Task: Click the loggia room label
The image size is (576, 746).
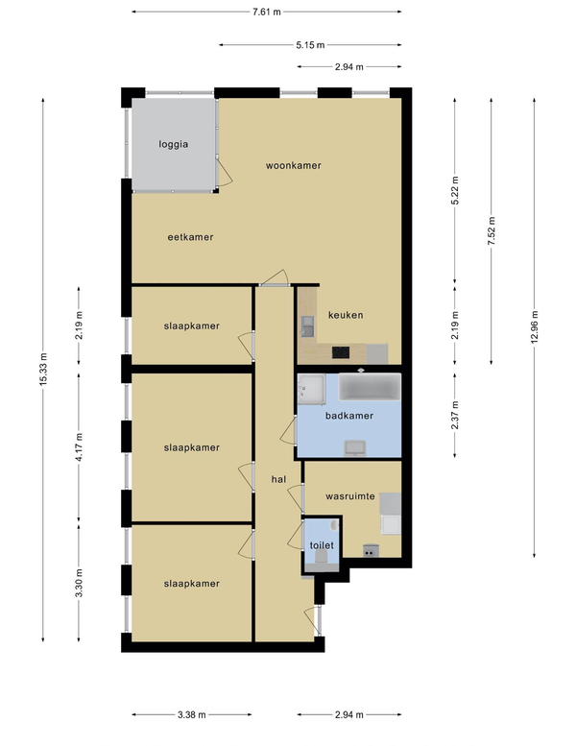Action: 173,144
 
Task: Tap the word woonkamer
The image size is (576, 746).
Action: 294,165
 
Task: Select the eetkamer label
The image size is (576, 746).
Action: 190,237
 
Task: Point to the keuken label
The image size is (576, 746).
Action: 346,315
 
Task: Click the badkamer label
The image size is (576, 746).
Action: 349,416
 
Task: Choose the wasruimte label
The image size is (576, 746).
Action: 350,496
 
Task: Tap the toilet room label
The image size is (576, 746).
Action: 322,545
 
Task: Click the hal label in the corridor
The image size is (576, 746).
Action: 278,479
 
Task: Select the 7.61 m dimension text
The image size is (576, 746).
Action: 266,12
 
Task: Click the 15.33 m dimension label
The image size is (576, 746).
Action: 43,370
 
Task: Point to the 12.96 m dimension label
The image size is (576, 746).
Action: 535,326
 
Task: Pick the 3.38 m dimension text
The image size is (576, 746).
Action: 192,714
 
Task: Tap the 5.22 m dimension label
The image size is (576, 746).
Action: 455,190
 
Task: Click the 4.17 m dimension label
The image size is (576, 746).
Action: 79,446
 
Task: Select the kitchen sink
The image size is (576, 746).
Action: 308,326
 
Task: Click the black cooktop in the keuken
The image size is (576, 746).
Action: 341,352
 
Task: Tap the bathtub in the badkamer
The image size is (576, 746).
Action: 370,387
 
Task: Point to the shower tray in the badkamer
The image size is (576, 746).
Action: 311,389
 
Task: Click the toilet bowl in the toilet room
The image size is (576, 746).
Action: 321,557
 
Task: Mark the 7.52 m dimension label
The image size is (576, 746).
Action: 492,231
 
